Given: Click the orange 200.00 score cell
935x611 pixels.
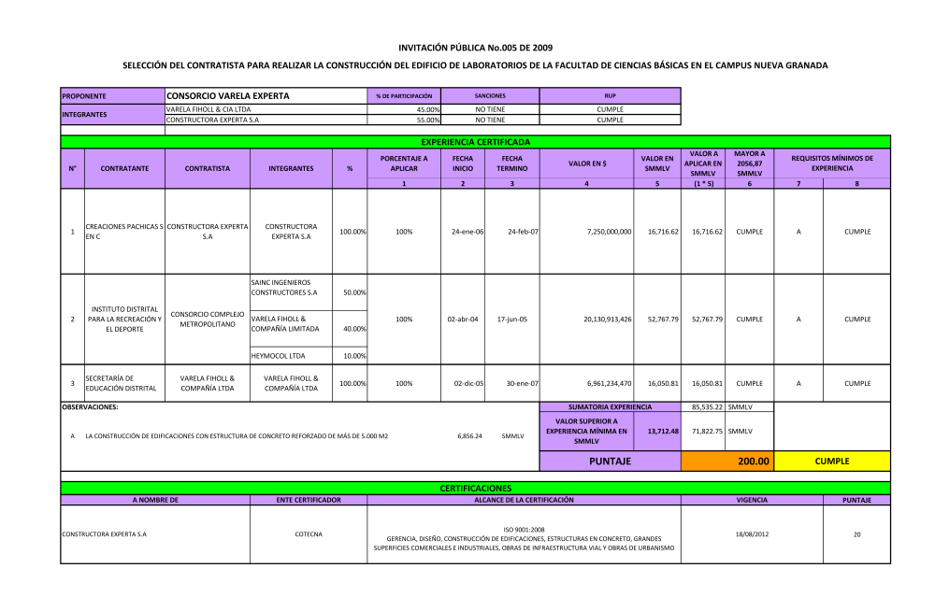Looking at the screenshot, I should point(727,461).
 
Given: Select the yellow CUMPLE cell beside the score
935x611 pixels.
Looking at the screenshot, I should point(832,461).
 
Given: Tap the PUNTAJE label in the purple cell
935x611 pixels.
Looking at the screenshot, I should point(610,461).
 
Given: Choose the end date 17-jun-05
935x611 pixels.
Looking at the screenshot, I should point(511,319).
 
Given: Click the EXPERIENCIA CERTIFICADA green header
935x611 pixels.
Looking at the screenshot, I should point(475,142).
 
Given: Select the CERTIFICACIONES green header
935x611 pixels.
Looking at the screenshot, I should point(475,488).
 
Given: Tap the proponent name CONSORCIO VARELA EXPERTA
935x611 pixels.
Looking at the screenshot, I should point(227,95).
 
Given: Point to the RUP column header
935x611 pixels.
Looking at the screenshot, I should point(610,95).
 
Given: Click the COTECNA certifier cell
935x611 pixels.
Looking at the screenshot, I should point(308,534).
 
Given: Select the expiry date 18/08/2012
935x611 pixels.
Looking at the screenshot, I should point(752,534).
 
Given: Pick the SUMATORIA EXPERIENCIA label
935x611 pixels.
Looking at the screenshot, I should point(610,407).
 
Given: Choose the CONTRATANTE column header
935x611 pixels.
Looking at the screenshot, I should point(123,168).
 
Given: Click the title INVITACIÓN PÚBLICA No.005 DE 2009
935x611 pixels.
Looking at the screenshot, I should point(475,47).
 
